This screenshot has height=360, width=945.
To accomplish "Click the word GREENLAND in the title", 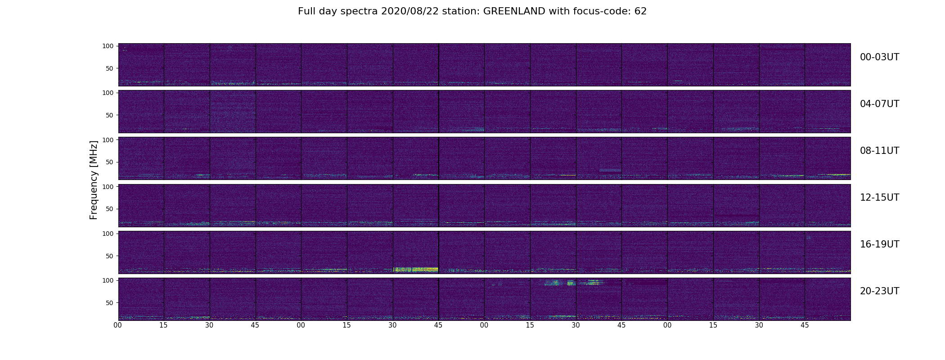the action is pos(514,11).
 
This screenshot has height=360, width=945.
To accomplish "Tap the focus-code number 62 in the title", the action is pos(641,11).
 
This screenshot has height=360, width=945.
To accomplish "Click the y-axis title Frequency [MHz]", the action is pos(94,180).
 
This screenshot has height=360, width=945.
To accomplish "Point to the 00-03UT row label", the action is pos(879,57).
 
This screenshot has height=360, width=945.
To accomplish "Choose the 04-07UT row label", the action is pos(879,104).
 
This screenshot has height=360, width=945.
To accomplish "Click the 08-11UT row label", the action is pos(879,151).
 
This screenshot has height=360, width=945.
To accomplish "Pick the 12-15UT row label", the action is pos(879,198).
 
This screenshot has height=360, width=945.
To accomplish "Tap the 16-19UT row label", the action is pos(879,244).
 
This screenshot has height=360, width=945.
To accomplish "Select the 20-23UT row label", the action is pos(879,291).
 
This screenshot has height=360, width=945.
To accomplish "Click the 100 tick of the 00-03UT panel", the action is pos(108,46).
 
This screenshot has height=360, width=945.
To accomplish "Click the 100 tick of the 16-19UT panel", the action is pos(108,234).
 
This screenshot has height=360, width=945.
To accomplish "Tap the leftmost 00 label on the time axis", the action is pos(118,325).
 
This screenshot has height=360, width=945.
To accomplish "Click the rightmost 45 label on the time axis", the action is pos(805,325).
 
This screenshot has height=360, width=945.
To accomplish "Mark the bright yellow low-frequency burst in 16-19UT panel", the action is pos(416,270).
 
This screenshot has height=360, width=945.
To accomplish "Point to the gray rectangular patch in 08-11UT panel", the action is pos(610,170).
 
